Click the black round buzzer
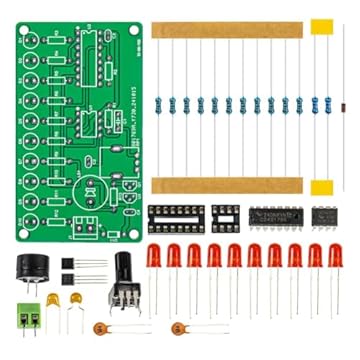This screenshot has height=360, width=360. [x=33, y=269]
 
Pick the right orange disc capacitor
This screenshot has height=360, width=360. [x=179, y=328]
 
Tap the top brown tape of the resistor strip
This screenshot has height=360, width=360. [x=227, y=30]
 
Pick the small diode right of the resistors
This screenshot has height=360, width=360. [x=339, y=105]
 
